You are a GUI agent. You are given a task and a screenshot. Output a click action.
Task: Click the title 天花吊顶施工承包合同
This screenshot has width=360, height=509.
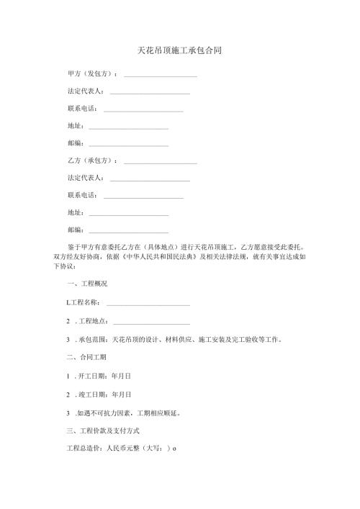179,51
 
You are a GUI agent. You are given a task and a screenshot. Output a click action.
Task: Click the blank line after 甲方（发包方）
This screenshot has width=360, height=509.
161,75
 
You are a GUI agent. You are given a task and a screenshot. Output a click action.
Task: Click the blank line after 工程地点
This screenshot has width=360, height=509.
151,321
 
